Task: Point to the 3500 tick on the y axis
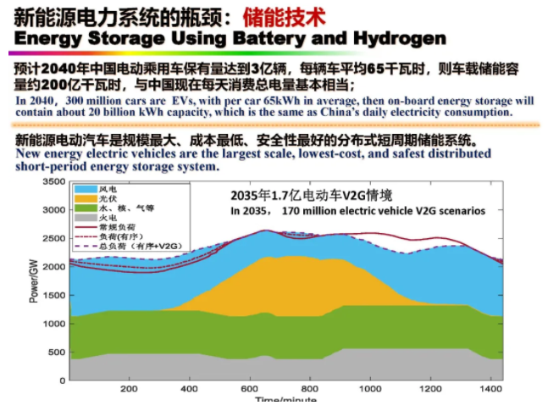pos(53,182)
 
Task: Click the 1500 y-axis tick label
pos(53,296)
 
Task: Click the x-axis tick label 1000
pos(369,389)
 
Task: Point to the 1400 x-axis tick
pos(490,389)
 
